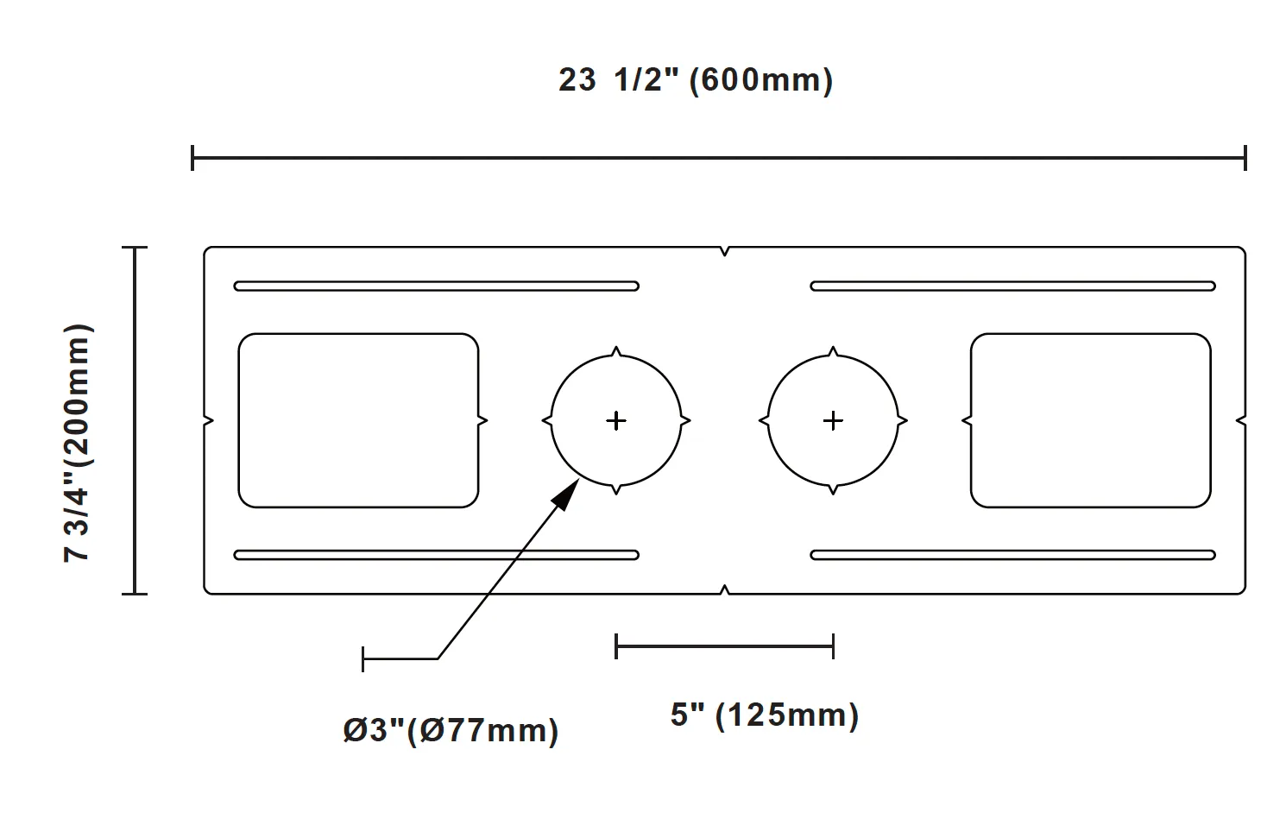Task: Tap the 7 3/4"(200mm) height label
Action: [x=77, y=443]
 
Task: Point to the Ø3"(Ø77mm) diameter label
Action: [x=451, y=731]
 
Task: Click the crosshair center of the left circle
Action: [x=616, y=421]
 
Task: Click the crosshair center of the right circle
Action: [x=833, y=421]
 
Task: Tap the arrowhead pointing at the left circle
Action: [x=565, y=494]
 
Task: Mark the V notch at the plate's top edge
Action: [x=724, y=251]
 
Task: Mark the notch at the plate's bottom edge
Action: [x=724, y=589]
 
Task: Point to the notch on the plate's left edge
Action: [x=208, y=421]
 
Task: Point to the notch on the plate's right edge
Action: [x=1241, y=421]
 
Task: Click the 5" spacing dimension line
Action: [x=724, y=646]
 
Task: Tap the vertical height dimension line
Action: [x=135, y=420]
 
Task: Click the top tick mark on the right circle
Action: [x=833, y=350]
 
